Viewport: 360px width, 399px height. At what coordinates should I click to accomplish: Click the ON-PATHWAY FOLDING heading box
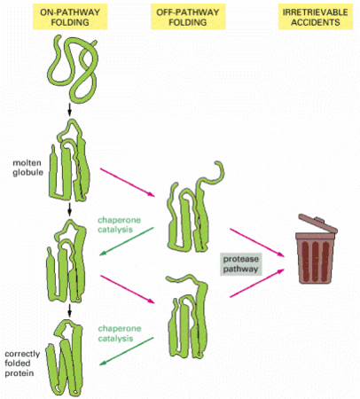pos(70,17)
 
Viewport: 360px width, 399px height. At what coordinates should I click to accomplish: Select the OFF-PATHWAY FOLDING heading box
pos(188,17)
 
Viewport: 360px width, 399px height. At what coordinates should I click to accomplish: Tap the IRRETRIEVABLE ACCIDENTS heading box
pos(316,17)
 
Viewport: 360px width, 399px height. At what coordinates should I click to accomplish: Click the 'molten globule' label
pos(27,168)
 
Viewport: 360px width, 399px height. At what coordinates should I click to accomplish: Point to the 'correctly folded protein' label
pos(22,364)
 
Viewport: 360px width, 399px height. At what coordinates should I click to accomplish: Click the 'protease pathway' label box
pos(240,264)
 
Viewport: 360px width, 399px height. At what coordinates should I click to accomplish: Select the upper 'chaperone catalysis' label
pos(119,224)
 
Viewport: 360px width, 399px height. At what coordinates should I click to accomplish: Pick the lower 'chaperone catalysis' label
pos(120,333)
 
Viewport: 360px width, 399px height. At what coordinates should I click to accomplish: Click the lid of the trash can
pos(317,224)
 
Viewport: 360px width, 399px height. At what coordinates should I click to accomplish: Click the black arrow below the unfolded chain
pos(70,110)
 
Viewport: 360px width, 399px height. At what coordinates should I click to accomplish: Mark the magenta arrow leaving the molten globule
pos(128,183)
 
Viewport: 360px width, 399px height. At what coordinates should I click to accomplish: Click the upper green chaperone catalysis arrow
pos(127,241)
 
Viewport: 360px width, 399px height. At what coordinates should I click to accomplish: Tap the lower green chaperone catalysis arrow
pos(127,351)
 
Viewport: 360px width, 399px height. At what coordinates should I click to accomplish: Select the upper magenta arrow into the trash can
pos(257,242)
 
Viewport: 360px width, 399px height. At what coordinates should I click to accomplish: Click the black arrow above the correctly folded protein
pos(70,310)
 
